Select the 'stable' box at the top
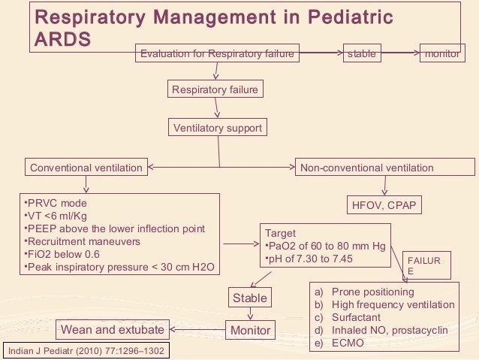point(360,54)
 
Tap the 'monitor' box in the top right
point(441,54)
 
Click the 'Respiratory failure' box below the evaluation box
point(215,90)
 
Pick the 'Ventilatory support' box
point(218,128)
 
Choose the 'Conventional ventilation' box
point(86,168)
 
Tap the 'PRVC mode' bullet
point(56,203)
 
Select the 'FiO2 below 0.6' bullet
point(65,254)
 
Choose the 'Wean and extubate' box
point(112,329)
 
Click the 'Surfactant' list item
point(356,317)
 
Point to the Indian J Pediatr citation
point(85,351)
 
